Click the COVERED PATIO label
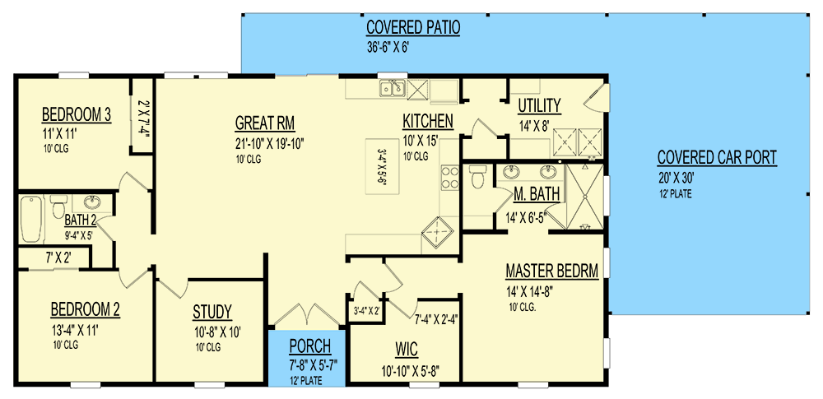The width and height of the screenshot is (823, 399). tap(413, 29)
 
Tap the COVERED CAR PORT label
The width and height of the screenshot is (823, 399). tap(716, 158)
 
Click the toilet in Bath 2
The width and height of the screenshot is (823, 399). tap(57, 210)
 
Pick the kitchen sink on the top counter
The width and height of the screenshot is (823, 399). tap(390, 87)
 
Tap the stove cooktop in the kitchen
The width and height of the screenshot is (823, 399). tap(450, 178)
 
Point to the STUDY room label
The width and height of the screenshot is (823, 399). tap(212, 312)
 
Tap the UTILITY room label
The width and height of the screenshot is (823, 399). tap(539, 105)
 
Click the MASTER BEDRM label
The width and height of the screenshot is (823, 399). tap(551, 271)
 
